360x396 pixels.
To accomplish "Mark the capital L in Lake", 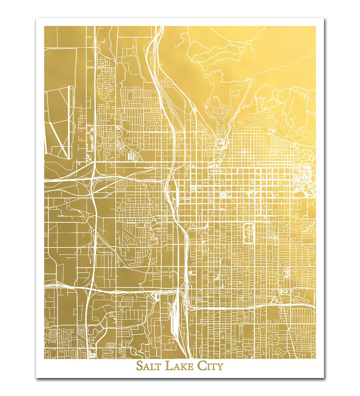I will [x=168, y=366].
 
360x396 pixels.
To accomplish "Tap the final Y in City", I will [x=220, y=366].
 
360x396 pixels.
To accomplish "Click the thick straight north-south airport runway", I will [x=70, y=122].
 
